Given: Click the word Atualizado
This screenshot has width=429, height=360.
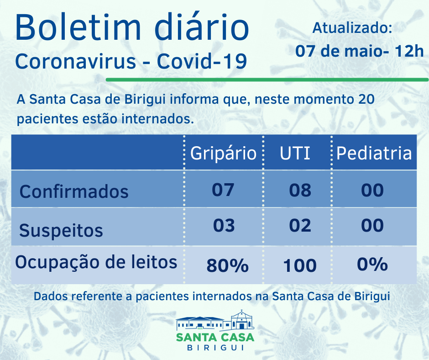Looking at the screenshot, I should click(x=352, y=28).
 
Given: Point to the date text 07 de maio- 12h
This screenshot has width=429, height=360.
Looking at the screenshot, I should click(x=359, y=51).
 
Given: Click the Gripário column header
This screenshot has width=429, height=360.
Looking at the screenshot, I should click(x=223, y=153).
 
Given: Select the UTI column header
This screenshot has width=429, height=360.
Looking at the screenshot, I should click(x=295, y=153).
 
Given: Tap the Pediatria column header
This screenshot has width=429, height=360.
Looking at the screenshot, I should click(x=374, y=153).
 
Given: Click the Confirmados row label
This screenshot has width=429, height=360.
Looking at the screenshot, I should click(x=74, y=191).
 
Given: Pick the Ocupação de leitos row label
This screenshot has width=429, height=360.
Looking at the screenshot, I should click(x=96, y=262).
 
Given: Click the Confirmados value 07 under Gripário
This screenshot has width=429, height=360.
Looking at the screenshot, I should click(x=223, y=190).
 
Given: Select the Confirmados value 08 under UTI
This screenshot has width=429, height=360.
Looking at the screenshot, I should click(x=300, y=190).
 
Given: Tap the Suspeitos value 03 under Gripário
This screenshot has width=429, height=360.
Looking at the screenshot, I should click(x=223, y=225).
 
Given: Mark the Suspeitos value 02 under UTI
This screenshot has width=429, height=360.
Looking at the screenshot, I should click(x=300, y=225).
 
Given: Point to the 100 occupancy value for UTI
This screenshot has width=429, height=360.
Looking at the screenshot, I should click(x=299, y=265).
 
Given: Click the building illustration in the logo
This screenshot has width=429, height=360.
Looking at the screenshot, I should click(x=214, y=321).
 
